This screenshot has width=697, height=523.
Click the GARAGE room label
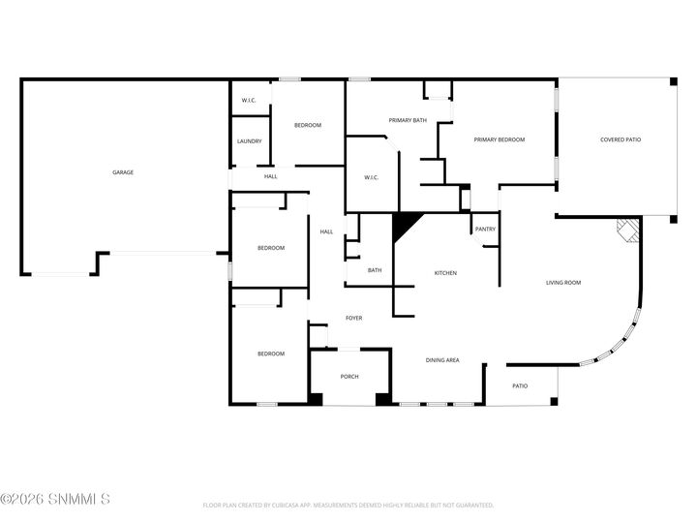[x=123, y=172]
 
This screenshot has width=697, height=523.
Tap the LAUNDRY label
[x=250, y=141]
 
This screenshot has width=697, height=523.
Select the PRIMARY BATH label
[x=408, y=120]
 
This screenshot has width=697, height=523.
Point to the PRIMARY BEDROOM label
[x=499, y=139]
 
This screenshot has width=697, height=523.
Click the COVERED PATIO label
[x=621, y=139]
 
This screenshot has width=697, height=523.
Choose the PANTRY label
[x=485, y=230]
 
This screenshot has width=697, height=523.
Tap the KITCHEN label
[x=445, y=273]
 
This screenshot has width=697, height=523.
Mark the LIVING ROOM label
[x=563, y=283]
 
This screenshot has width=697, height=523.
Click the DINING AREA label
[x=442, y=360]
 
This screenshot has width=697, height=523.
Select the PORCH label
[x=349, y=377]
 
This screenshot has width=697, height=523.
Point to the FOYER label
[x=354, y=318]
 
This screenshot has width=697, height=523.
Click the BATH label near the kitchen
[x=374, y=270]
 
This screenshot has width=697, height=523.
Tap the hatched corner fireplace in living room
[x=628, y=231]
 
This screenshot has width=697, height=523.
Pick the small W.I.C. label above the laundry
[x=249, y=100]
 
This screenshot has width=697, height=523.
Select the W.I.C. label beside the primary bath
[x=371, y=177]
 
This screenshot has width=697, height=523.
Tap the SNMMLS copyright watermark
[x=55, y=500]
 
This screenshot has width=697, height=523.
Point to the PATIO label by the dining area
[x=520, y=385]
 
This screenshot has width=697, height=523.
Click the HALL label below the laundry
[x=271, y=176]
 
